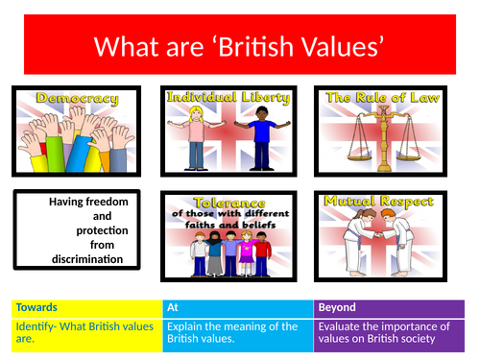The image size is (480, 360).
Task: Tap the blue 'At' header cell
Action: point(239,308)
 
